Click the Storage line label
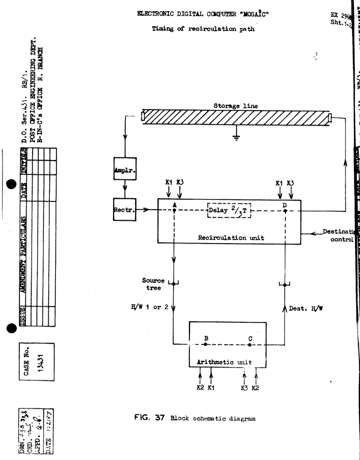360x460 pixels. tap(236, 105)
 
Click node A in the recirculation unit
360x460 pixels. tap(174, 210)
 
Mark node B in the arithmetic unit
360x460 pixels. tap(205, 344)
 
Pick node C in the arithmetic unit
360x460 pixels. tap(250, 344)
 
